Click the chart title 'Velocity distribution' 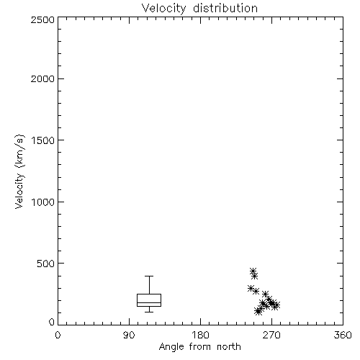click(x=199, y=8)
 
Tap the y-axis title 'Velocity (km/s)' click(x=19, y=171)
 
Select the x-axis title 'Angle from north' click(x=200, y=347)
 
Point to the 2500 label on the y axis click(x=42, y=19)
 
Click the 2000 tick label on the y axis click(x=42, y=79)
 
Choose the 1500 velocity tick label click(x=43, y=140)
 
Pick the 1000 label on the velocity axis click(x=43, y=202)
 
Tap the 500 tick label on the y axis click(x=46, y=264)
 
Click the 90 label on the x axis click(x=129, y=335)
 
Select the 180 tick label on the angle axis click(x=200, y=335)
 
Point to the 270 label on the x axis click(x=271, y=335)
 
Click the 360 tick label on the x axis click(x=343, y=335)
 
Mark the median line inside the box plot click(x=149, y=302)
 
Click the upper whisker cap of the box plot click(x=149, y=276)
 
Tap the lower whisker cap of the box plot click(x=149, y=312)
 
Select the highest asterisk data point click(x=253, y=271)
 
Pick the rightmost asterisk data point click(x=276, y=305)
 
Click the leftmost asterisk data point click(x=251, y=288)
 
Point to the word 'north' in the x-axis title click(x=229, y=346)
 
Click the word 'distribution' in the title click(x=225, y=8)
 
